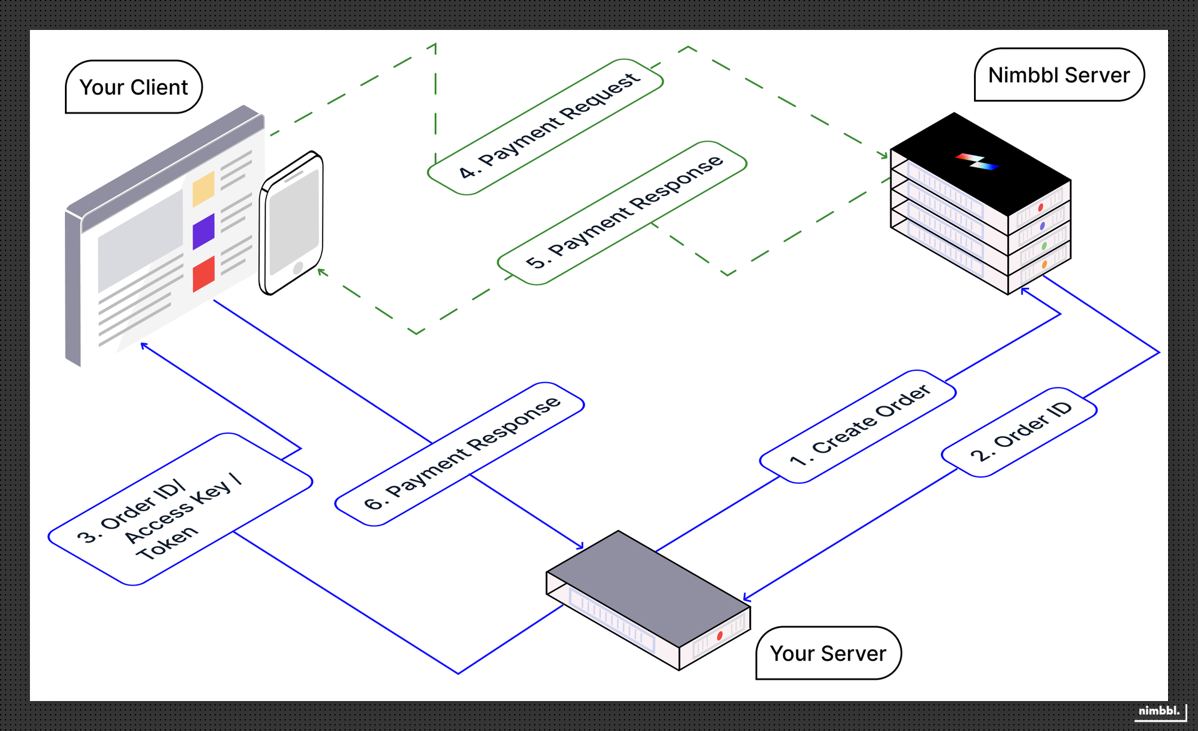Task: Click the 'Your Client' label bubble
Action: coord(134,87)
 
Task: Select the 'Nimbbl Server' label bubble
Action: coord(1058,75)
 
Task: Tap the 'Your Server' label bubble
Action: coord(827,654)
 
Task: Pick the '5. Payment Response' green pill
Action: coord(622,213)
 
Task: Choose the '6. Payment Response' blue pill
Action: coord(460,454)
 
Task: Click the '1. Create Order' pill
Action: coord(858,426)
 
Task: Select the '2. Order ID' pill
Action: coord(1020,432)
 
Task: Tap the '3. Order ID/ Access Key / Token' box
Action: coord(180,509)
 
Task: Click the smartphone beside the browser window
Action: coord(292,222)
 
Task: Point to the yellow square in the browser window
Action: coord(203,189)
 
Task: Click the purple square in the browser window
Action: coord(203,231)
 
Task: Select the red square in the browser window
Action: coord(203,273)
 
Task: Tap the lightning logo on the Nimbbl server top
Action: coord(976,161)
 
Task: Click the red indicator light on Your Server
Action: coord(719,635)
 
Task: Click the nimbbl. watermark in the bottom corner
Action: coord(1159,711)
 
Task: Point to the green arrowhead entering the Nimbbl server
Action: coord(884,154)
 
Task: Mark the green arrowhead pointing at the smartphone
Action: coord(321,272)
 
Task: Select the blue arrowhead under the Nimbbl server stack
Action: coord(1024,290)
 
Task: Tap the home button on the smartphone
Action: coord(298,268)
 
